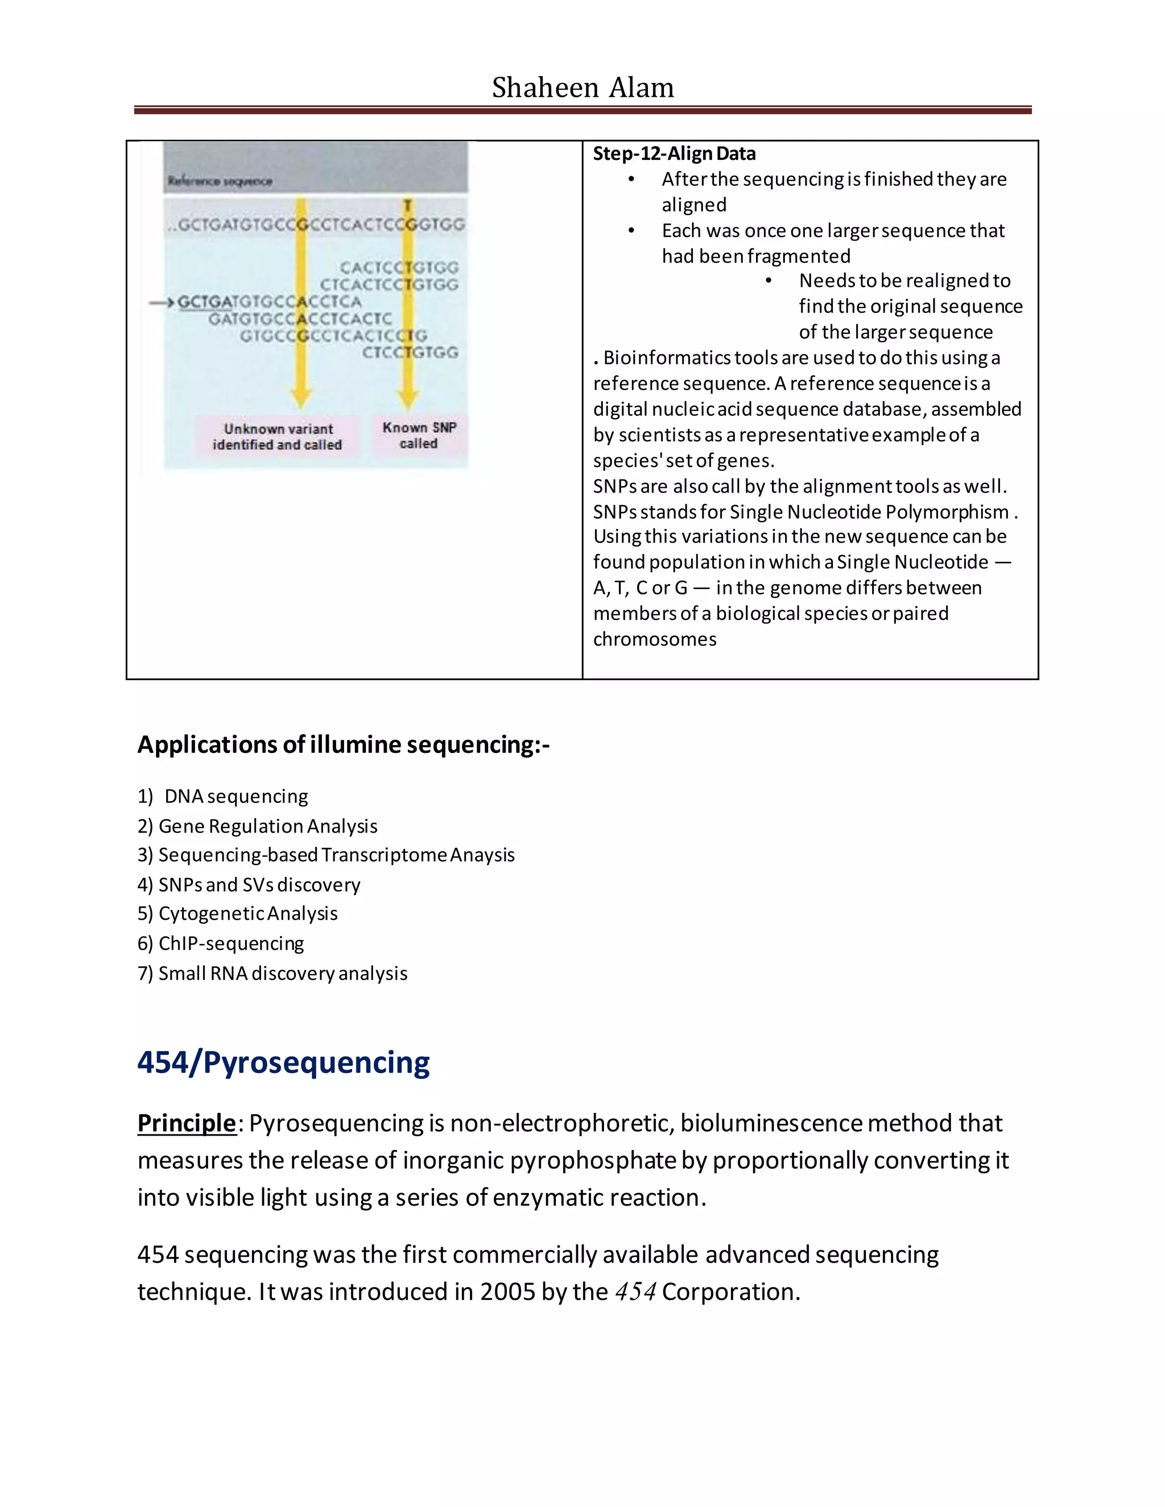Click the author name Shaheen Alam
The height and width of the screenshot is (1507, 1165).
click(582, 88)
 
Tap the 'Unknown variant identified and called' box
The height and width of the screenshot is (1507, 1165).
click(278, 437)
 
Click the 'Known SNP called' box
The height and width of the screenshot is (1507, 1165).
click(419, 436)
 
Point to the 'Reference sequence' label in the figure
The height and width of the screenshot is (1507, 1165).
click(220, 181)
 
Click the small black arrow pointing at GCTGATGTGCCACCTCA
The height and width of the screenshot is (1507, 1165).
click(162, 302)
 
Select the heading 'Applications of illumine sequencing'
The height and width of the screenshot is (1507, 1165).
click(343, 744)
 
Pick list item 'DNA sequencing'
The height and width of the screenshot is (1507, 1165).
click(236, 796)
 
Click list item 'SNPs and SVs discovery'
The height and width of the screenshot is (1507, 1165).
click(259, 885)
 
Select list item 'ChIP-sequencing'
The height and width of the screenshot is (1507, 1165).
click(231, 943)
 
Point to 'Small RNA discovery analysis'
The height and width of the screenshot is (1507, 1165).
click(283, 973)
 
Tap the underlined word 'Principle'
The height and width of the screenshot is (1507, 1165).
click(187, 1123)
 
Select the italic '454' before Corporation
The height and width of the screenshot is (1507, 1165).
click(635, 1291)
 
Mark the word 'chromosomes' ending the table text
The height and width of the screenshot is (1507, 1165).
click(654, 639)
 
